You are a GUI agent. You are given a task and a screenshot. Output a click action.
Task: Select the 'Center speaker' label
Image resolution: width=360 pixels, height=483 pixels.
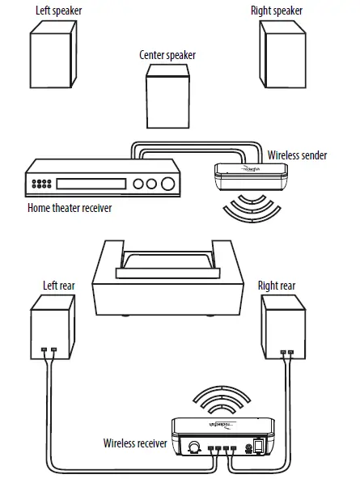[167, 56]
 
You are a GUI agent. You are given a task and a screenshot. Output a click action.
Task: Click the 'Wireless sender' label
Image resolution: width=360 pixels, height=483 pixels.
[296, 155]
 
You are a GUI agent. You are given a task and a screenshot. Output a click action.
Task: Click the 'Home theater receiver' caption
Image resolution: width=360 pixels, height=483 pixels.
[70, 208]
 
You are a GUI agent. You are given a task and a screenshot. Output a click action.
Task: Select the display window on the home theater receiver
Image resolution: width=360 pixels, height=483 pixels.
[91, 184]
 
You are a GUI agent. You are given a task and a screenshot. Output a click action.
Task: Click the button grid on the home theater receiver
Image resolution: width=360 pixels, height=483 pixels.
[43, 184]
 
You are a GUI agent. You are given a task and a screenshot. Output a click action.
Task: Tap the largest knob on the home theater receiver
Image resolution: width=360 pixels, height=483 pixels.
[167, 184]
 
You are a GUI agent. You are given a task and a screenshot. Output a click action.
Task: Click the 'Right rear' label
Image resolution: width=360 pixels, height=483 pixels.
[277, 286]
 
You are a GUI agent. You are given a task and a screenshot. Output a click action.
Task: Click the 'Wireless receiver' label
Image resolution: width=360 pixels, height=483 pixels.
[135, 443]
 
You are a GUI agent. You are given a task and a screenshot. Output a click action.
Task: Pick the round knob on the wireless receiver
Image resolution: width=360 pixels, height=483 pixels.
[194, 447]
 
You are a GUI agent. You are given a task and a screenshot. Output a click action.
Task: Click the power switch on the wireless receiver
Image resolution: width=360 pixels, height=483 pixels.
[259, 446]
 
